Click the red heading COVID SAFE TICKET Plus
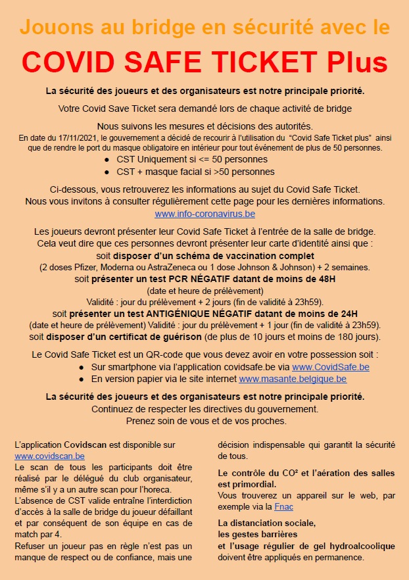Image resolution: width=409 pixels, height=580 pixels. click(204, 61)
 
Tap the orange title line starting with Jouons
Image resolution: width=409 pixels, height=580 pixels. click(204, 28)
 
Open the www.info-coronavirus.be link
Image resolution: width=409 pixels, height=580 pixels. click(205, 214)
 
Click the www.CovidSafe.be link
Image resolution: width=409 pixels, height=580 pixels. click(330, 367)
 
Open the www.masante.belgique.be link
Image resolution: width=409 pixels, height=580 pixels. click(293, 379)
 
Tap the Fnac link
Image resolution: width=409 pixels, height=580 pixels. click(284, 507)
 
